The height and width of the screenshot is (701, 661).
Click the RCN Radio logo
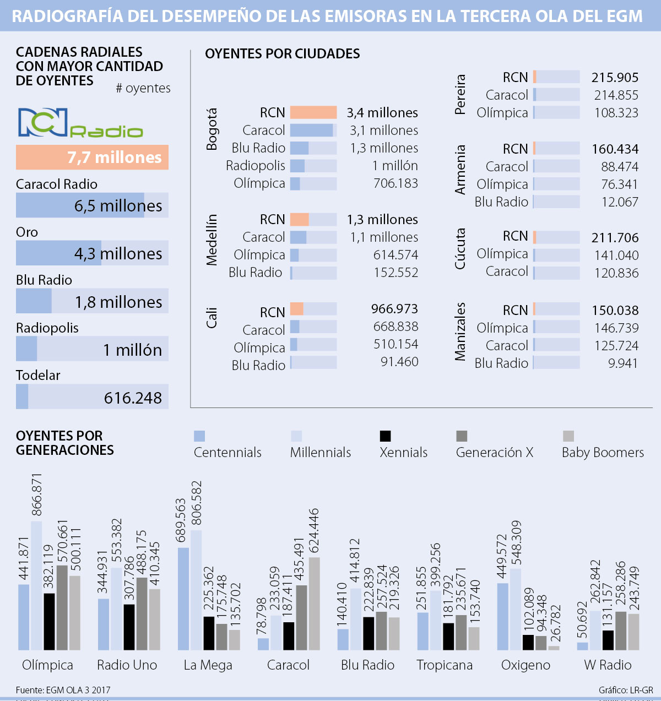point(80,123)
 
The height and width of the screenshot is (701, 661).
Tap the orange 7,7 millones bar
point(92,157)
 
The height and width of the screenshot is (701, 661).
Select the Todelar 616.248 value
point(133,398)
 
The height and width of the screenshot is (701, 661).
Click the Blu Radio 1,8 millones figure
point(118,302)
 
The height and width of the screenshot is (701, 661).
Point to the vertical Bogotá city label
point(212,129)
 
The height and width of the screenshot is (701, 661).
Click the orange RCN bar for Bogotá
point(313,112)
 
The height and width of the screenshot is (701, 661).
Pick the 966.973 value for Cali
point(394,309)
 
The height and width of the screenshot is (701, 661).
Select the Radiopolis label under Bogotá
point(256,166)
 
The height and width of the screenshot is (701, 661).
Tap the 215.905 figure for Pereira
point(615,78)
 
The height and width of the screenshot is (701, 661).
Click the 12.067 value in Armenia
point(620,202)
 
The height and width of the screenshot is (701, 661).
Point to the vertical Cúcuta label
point(460,249)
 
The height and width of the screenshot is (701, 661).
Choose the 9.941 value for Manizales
point(623,363)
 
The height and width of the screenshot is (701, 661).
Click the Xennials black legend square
point(385,436)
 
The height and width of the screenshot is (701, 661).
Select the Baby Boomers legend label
point(603,453)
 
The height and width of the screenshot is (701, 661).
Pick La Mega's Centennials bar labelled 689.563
point(183,599)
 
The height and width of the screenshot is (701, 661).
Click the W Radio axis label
point(608,665)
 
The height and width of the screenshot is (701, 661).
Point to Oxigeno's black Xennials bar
point(528,642)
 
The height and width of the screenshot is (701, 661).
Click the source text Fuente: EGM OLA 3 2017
point(63,690)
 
